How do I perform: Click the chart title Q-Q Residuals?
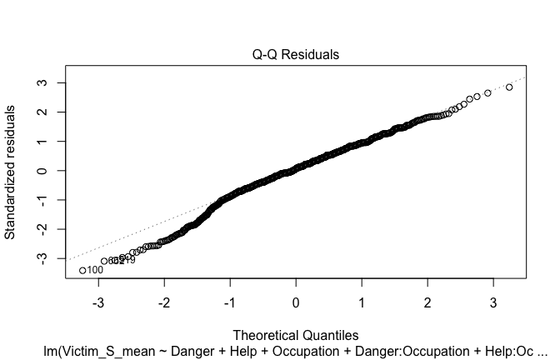tap(296, 55)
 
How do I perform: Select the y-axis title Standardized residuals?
tap(11, 171)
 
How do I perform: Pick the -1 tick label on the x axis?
tap(229, 299)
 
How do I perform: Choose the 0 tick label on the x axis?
tap(296, 299)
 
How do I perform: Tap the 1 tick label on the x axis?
tap(362, 299)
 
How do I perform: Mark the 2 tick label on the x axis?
tap(427, 299)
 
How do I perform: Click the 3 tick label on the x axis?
tap(492, 299)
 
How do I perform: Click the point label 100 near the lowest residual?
tap(95, 270)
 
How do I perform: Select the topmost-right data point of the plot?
tap(509, 87)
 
